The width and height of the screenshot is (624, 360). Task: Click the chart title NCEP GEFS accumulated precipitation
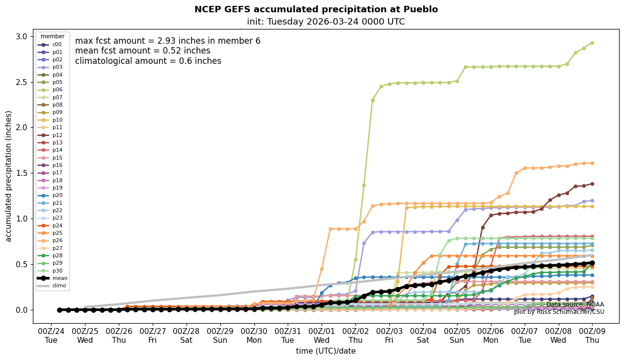[x=316, y=9]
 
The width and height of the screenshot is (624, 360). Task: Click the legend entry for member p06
[x=57, y=90]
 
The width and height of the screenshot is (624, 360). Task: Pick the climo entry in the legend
[x=59, y=285]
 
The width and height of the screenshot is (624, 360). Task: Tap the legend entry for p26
[x=57, y=240]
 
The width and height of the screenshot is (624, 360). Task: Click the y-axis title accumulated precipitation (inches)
[x=9, y=176]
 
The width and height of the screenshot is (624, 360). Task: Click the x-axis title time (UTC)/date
[x=326, y=351]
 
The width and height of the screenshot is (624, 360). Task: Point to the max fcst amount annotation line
[x=167, y=41]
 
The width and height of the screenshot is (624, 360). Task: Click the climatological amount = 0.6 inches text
[x=148, y=61]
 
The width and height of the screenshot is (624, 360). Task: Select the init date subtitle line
[x=326, y=22]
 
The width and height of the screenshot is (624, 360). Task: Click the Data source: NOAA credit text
[x=575, y=305]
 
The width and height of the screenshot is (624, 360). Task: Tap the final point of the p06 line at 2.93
[x=592, y=43]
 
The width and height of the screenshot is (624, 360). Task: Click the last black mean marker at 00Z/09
[x=592, y=263]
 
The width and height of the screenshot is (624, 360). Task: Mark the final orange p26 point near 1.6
[x=592, y=163]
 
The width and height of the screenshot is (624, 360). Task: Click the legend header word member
[x=52, y=36]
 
